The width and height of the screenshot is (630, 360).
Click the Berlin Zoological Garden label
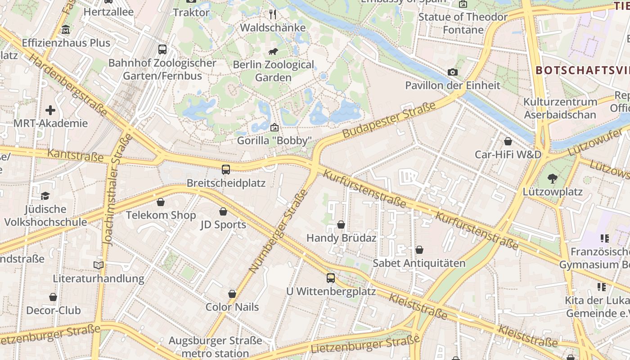pyautogui.click(x=273, y=71)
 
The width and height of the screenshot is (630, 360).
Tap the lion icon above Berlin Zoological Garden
pyautogui.click(x=273, y=51)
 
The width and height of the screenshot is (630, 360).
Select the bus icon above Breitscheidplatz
pyautogui.click(x=226, y=170)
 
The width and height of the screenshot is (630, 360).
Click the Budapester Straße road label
pyautogui.click(x=389, y=120)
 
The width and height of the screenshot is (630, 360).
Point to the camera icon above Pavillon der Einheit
pyautogui.click(x=453, y=72)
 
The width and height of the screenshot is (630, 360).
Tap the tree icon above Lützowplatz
pyautogui.click(x=553, y=179)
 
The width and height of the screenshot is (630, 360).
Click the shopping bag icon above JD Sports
pyautogui.click(x=223, y=211)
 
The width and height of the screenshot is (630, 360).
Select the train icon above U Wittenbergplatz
pyautogui.click(x=331, y=278)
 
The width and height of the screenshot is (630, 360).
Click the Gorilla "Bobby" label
pyautogui.click(x=274, y=141)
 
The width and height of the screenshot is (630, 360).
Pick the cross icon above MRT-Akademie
pyautogui.click(x=50, y=110)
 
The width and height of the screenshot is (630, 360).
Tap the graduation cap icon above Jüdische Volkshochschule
pyautogui.click(x=45, y=196)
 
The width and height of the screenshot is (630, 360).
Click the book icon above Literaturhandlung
pyautogui.click(x=99, y=265)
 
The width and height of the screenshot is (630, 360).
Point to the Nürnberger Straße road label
pyautogui.click(x=278, y=231)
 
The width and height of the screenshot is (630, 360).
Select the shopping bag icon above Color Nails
pyautogui.click(x=232, y=294)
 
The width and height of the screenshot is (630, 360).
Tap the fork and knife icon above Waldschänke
pyautogui.click(x=273, y=14)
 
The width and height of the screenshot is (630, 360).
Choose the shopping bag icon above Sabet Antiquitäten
pyautogui.click(x=419, y=250)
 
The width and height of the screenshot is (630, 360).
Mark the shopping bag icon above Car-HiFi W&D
pyautogui.click(x=508, y=141)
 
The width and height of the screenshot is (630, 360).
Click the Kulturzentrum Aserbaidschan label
pyautogui.click(x=560, y=108)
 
